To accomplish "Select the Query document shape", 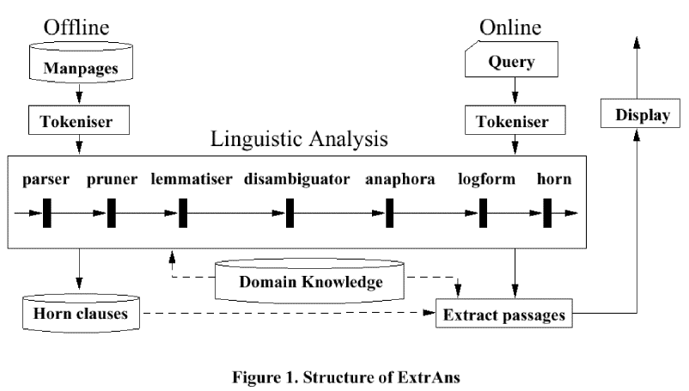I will (x=511, y=62).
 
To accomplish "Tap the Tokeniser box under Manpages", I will (x=78, y=121).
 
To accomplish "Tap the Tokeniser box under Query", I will (x=514, y=121).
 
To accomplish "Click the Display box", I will (x=637, y=114).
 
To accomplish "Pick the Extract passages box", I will (x=503, y=315).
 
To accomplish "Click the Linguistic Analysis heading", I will (x=302, y=137).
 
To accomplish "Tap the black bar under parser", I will (x=47, y=212).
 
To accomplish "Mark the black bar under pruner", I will (x=112, y=212).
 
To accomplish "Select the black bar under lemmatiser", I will (x=183, y=212).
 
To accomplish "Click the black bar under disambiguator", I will (x=290, y=212).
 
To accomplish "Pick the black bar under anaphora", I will (x=389, y=212).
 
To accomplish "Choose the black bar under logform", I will (x=483, y=212).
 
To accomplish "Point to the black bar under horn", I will (x=546, y=212).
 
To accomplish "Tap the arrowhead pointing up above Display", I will (x=635, y=43).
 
